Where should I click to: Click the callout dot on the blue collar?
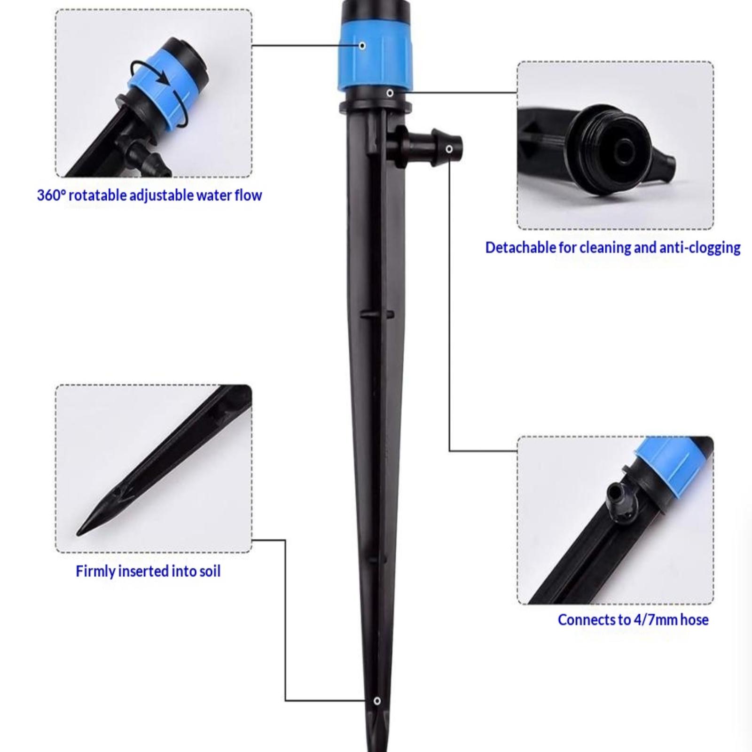coord(362,46)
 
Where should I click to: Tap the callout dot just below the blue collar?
coord(390,93)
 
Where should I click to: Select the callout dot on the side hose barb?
coord(449,149)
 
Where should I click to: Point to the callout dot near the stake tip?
coord(377,701)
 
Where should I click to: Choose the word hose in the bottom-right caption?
coord(694,620)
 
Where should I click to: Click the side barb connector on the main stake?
coord(425,147)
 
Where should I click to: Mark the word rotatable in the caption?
coord(97,195)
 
